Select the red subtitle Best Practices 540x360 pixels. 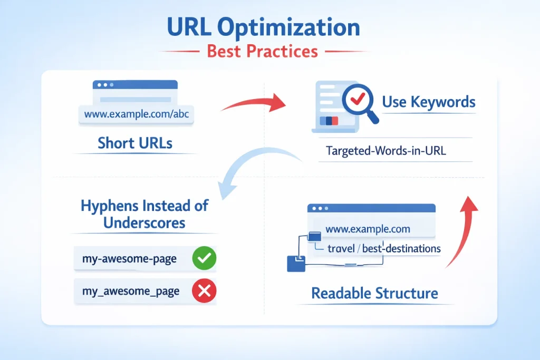coord(262,52)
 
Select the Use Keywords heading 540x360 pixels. coord(428,101)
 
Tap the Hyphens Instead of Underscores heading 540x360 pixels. coord(144,213)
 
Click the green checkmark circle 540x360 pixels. coord(204,259)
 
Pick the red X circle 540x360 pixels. coord(204,290)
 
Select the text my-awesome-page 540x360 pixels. coord(130,259)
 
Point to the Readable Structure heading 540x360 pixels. coord(374,293)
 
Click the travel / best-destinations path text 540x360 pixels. coord(384,248)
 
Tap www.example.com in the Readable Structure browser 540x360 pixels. coord(368,229)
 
